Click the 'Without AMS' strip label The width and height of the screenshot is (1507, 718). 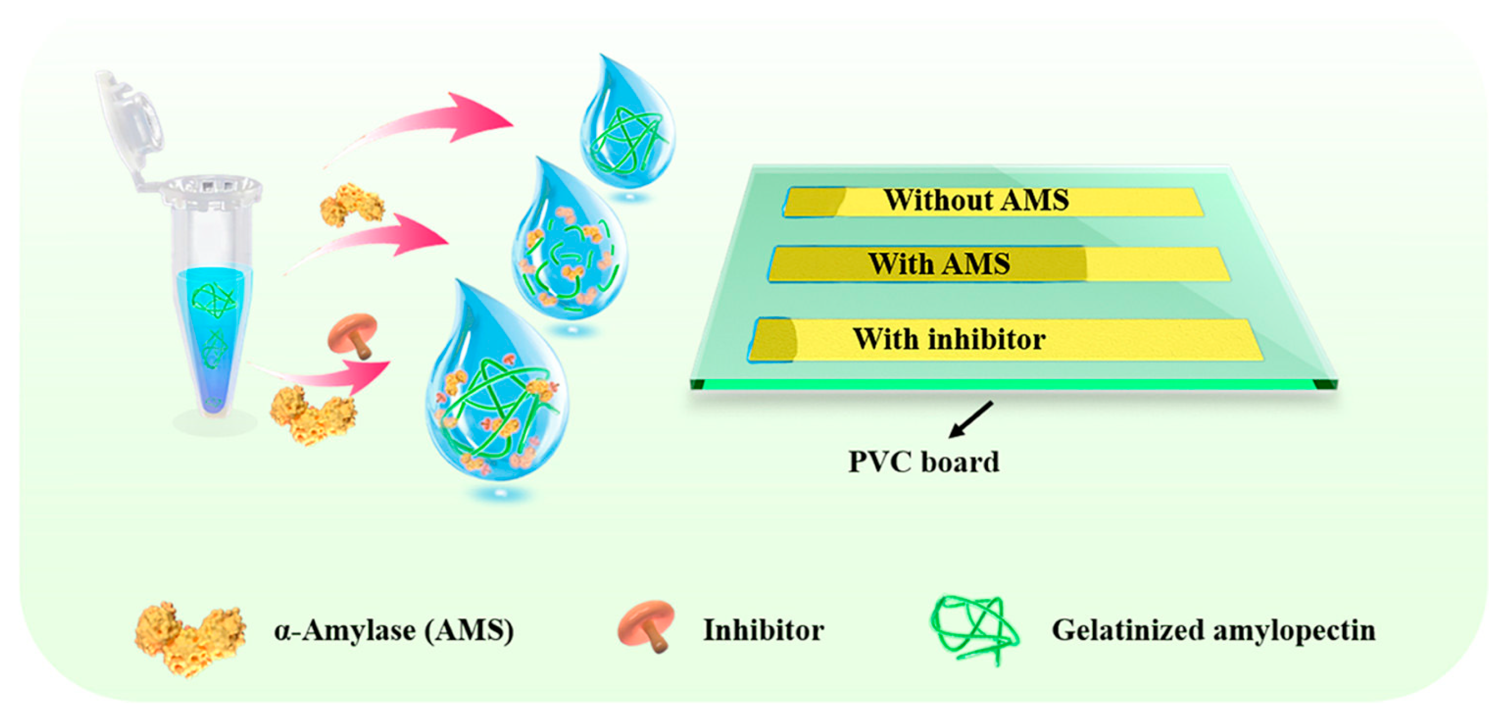point(976,200)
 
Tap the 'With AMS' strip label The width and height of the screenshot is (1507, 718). point(938,264)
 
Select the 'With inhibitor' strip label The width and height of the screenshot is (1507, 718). point(949,339)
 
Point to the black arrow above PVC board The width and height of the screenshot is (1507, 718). point(971,419)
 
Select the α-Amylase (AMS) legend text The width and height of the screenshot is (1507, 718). point(394,631)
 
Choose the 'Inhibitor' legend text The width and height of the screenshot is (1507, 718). point(764,631)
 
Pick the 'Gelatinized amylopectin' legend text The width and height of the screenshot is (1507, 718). point(1213,631)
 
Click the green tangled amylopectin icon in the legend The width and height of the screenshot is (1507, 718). point(974,629)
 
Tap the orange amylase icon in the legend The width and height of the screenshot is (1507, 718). point(188,638)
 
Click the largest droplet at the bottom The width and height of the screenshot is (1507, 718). point(494,398)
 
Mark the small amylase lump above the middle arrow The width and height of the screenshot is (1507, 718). point(351,205)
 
